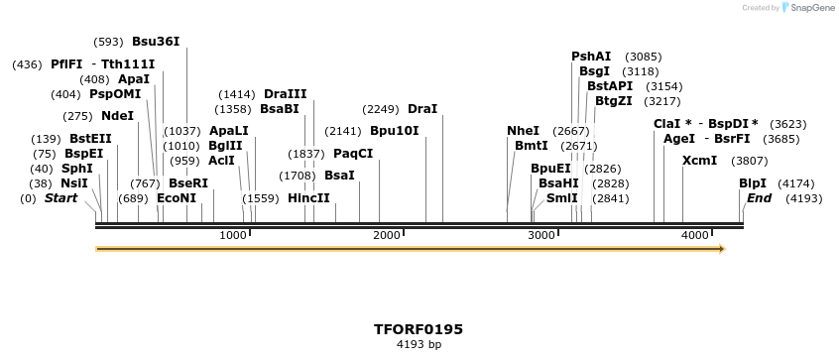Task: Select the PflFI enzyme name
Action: point(66,64)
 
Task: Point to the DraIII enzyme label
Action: point(285,94)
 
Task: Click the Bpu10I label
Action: point(394,131)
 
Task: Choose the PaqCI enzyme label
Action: point(353,154)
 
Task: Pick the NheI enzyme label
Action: point(523,131)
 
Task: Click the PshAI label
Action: point(591,57)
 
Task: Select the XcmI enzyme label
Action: point(699,161)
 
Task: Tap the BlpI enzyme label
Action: point(753,183)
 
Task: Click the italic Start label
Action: point(60,198)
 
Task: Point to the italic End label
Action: point(759,198)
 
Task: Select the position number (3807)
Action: point(749,161)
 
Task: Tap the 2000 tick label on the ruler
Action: point(387,235)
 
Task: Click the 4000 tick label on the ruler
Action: point(695,235)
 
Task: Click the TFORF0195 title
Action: point(419,329)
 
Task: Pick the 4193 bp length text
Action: point(419,345)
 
